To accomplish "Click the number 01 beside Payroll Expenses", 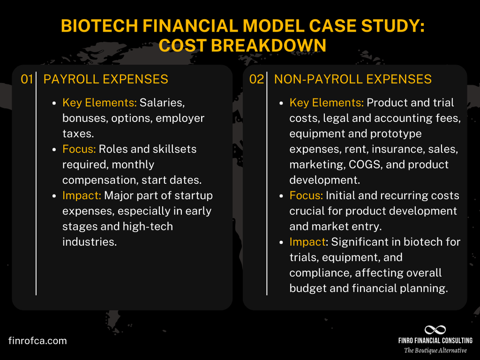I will [26, 80].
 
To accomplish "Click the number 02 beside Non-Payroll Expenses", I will [256, 80].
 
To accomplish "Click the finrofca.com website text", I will [37, 341].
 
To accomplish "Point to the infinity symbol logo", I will [435, 330].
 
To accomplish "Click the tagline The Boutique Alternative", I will [435, 350].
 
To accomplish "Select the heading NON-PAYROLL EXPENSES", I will [353, 80].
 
